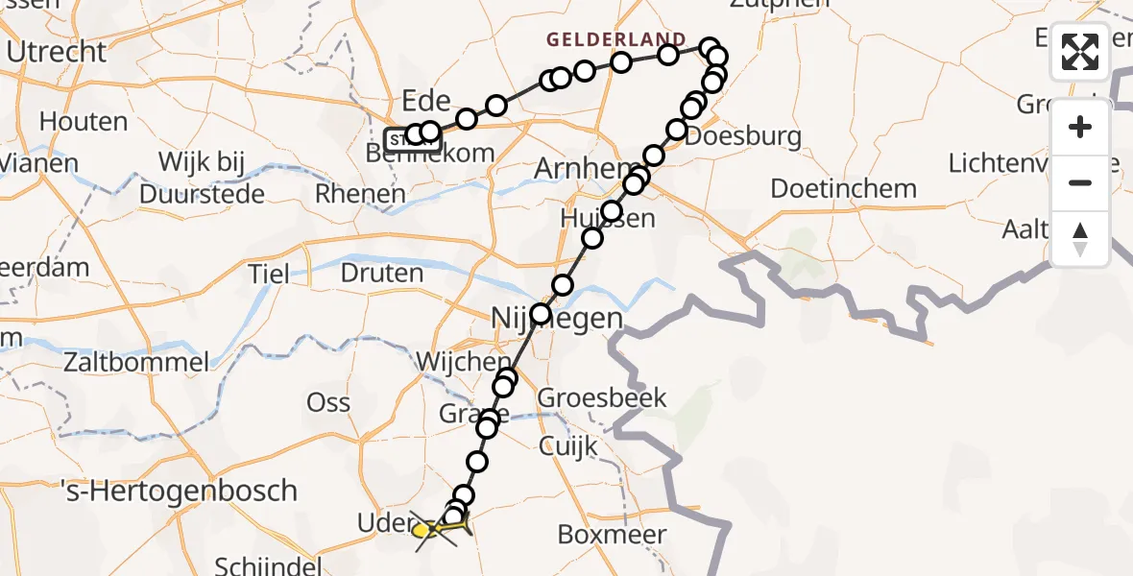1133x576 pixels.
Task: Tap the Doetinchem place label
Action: [x=843, y=188]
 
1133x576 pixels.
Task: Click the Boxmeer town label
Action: [x=625, y=535]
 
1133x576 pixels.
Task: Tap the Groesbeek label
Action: [x=601, y=397]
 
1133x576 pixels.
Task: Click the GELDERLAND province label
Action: [x=616, y=39]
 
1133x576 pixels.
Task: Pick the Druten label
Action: [x=381, y=273]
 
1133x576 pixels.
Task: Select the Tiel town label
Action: [x=269, y=274]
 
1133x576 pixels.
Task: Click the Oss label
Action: [x=328, y=402]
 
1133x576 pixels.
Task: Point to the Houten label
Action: [x=84, y=122]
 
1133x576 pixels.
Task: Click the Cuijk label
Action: [x=567, y=446]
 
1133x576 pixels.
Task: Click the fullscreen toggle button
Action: [x=1080, y=52]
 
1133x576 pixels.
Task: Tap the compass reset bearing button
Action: [x=1080, y=239]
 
